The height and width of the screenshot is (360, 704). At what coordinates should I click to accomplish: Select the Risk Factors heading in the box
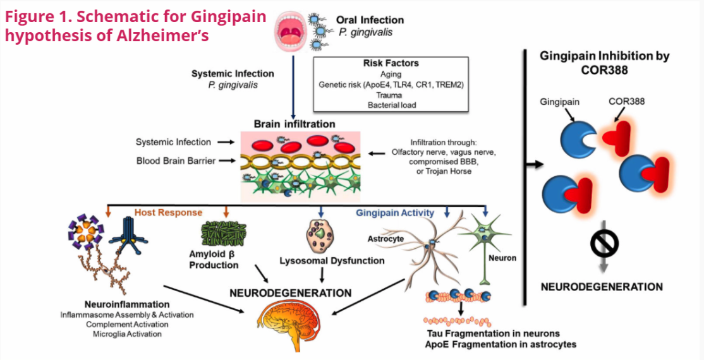coord(391,64)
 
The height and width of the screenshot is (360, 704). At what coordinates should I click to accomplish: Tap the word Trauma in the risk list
coord(391,94)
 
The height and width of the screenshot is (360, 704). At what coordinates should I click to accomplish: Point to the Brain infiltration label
coord(294,124)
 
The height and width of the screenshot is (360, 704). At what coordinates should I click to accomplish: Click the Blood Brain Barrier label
coord(175,160)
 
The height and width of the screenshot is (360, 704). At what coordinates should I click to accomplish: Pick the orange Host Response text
coord(168,213)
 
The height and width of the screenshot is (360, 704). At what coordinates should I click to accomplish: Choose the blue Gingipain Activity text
coord(395,213)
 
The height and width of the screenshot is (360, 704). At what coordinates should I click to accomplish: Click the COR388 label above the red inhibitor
coord(626,101)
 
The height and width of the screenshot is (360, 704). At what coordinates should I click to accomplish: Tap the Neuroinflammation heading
coord(126,304)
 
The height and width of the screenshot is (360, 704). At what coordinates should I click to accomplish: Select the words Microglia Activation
coord(126,333)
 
